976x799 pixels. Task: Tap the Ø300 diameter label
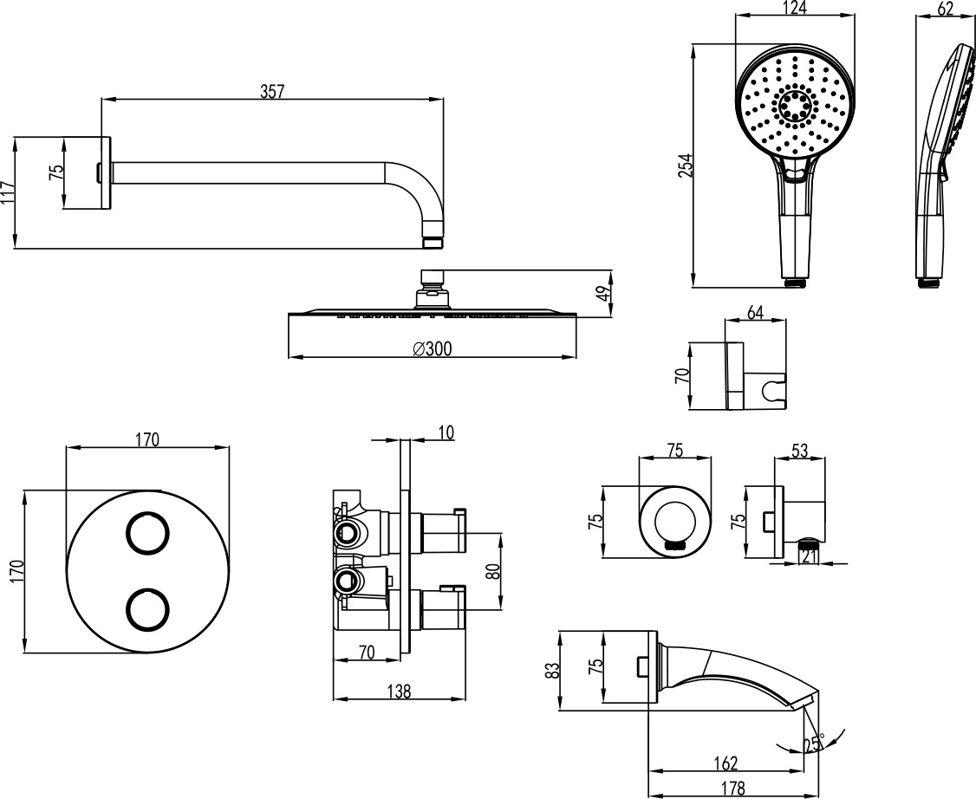(433, 348)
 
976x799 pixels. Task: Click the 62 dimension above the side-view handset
(945, 9)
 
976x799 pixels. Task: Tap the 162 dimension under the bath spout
(725, 763)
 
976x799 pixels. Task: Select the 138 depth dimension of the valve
(398, 691)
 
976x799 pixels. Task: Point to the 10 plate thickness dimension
(446, 432)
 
